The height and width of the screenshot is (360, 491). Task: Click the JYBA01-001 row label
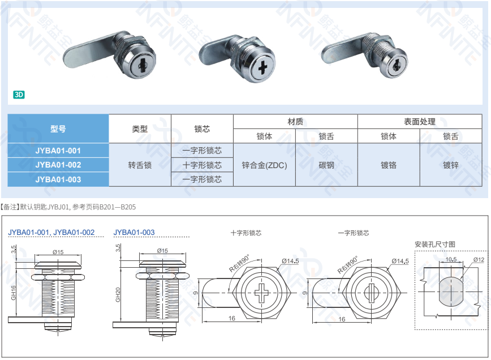point(58,151)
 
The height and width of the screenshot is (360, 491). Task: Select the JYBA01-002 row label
point(58,165)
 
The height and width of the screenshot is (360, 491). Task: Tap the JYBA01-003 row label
point(58,179)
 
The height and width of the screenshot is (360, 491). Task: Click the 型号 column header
point(58,128)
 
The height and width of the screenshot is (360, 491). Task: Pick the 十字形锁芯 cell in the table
point(202,165)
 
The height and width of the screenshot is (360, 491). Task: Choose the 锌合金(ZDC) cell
point(264,165)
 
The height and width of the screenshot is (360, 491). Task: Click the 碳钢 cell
point(326,165)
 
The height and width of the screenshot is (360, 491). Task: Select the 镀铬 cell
point(389,165)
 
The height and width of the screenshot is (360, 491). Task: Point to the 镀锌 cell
point(451,165)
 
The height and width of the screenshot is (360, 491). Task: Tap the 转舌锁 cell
point(140,165)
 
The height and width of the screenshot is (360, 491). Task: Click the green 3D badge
point(19,95)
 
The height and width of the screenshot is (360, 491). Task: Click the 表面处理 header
point(420,121)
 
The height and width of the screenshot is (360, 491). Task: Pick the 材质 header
point(295,121)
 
